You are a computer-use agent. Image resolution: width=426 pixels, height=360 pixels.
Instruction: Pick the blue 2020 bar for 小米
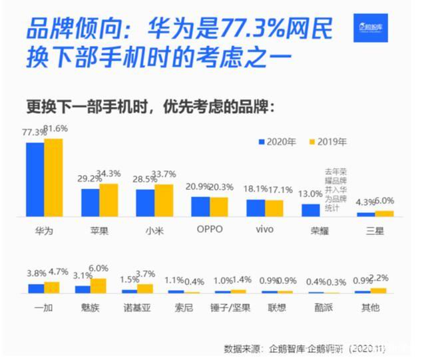coord(145,203)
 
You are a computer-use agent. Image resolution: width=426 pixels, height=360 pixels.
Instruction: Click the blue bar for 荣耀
coord(311,210)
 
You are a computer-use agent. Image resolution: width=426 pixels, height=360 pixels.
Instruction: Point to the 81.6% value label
coord(55,128)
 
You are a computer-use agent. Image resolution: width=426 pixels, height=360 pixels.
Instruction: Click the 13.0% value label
coord(310,194)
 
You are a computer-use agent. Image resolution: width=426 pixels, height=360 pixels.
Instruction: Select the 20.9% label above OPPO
coord(199,187)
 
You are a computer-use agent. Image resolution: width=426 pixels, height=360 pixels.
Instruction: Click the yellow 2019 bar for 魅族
coord(99,285)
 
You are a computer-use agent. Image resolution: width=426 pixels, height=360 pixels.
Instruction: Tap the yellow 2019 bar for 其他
coord(379,290)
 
